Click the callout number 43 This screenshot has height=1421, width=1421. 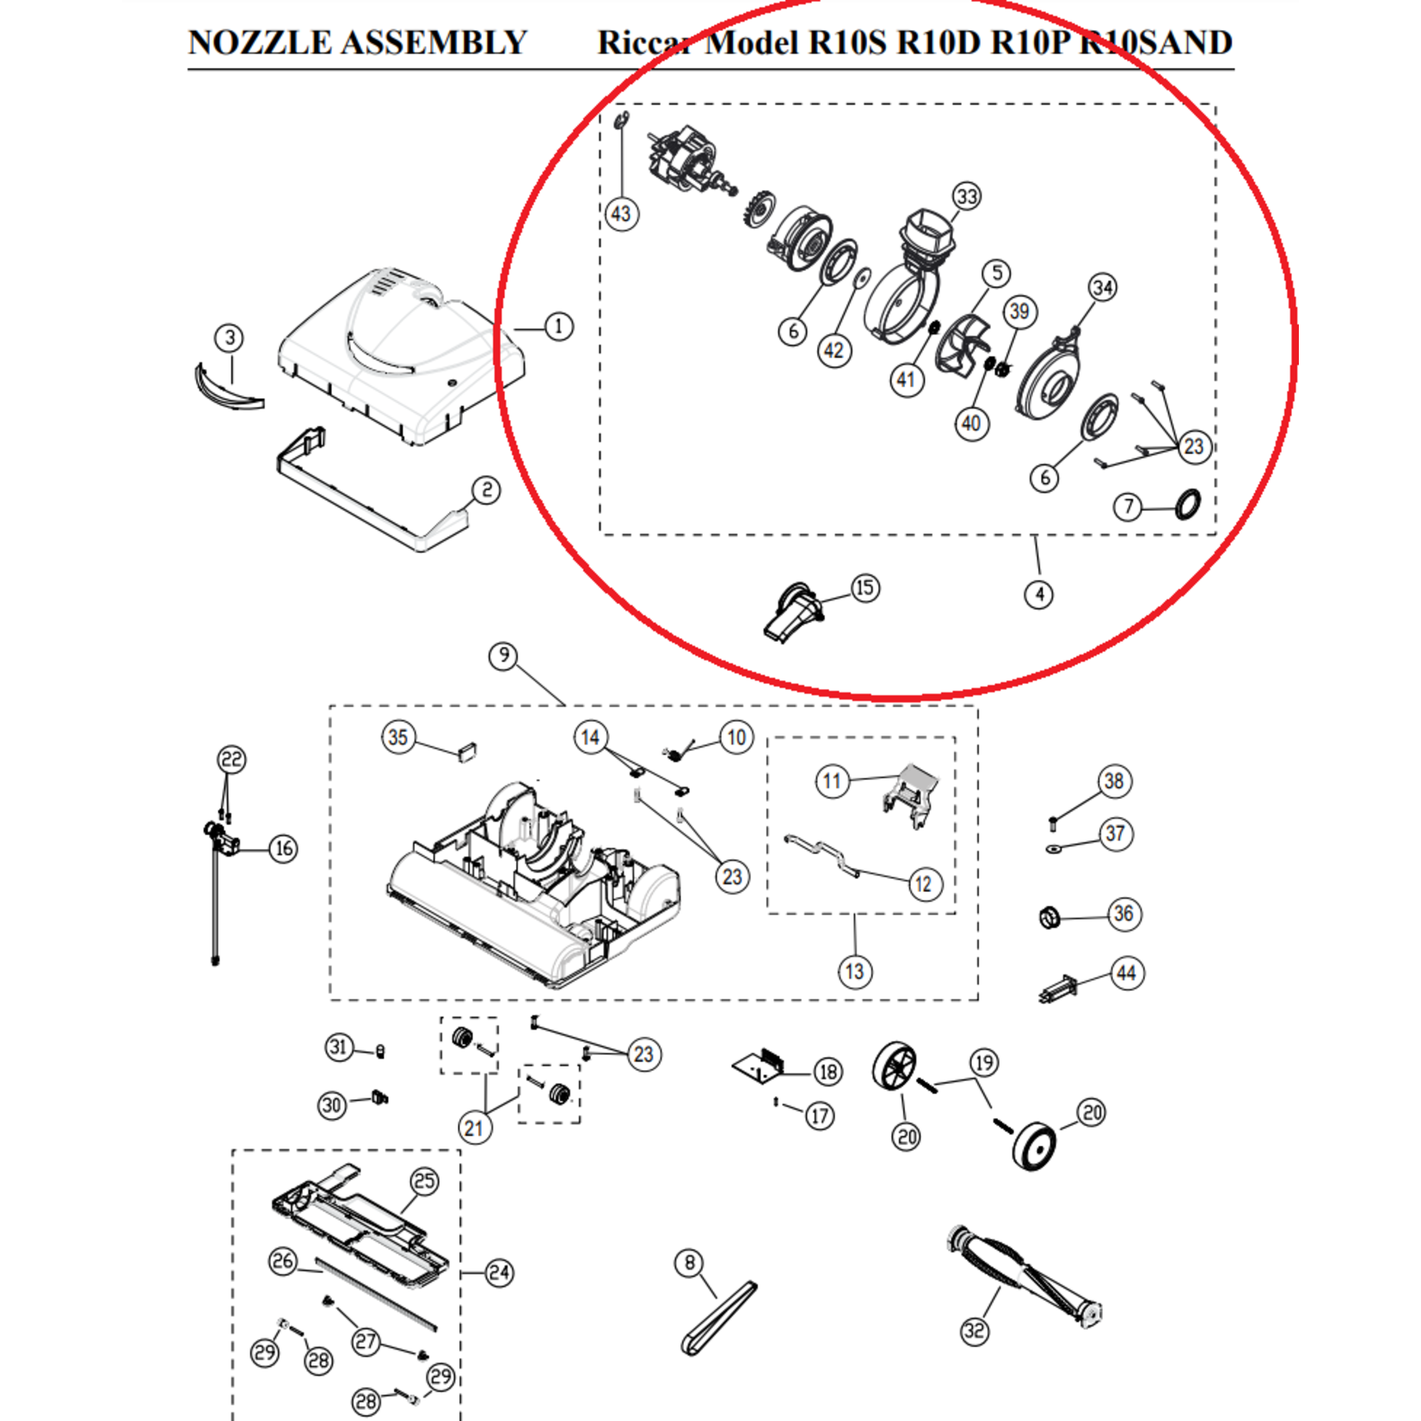point(621,213)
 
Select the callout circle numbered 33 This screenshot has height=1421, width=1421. point(967,196)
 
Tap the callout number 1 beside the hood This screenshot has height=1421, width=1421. point(558,327)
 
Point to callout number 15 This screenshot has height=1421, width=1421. point(864,588)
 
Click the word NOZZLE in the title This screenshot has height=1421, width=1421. point(261,43)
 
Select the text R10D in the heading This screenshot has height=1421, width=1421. point(938,43)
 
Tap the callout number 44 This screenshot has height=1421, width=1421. point(1126,974)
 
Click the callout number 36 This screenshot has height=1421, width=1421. point(1123,913)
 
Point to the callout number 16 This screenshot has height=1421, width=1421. point(283,849)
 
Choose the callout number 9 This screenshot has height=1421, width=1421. point(503,656)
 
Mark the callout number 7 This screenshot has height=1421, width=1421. point(1128,507)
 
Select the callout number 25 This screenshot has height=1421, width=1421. point(425,1181)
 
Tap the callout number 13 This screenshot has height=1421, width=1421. point(854,972)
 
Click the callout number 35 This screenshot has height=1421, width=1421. point(397,737)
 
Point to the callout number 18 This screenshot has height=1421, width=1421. point(827,1072)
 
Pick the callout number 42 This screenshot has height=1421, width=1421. point(834,351)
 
